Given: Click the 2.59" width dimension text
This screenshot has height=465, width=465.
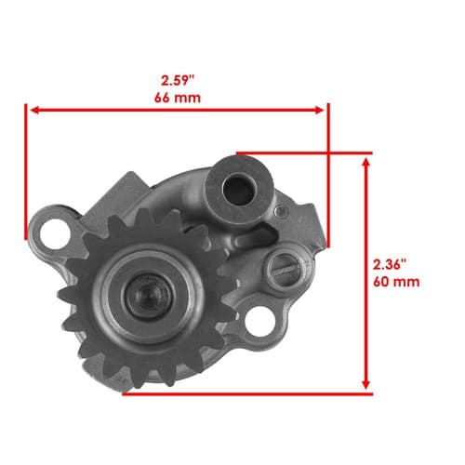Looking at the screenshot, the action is coord(177,81).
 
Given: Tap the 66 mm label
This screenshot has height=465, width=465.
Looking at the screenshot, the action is coord(178,98).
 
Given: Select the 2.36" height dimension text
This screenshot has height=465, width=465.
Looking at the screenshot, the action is coord(390,265).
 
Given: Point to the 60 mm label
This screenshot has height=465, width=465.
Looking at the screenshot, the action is coord(396,282).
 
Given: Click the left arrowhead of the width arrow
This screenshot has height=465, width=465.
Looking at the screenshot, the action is coord(34,110).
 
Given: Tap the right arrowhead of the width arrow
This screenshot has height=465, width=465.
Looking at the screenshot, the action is coord(320,110).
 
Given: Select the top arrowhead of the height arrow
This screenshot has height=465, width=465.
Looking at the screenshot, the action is coord(366,162).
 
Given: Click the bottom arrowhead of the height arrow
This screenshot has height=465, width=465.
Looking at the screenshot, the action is coord(366,384).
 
